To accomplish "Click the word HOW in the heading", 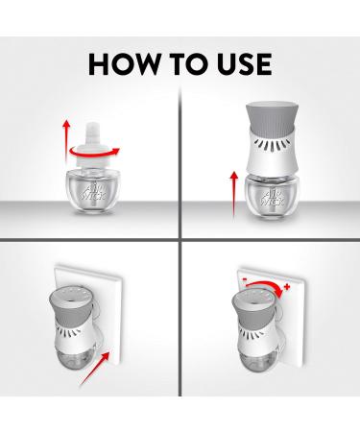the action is click(123, 64).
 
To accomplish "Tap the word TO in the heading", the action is click(189, 64).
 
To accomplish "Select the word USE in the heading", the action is click(245, 64).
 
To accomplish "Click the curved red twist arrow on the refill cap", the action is click(95, 152).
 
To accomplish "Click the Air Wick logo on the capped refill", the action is click(94, 190).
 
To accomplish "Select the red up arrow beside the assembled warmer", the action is click(234, 195).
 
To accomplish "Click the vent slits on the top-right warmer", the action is click(272, 145).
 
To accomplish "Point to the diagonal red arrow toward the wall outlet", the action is click(95, 369).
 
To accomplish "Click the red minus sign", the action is click(245, 279).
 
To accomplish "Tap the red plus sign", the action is click(287, 287).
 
